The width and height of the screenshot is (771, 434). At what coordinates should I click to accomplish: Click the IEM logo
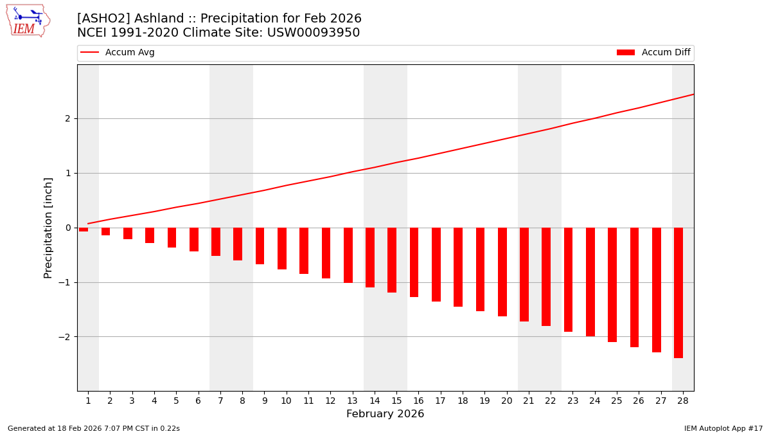click(x=28, y=21)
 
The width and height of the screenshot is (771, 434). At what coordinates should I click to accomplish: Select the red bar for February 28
click(x=678, y=293)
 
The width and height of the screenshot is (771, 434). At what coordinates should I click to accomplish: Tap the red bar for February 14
click(x=370, y=257)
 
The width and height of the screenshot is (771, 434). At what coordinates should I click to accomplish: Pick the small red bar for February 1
click(x=84, y=230)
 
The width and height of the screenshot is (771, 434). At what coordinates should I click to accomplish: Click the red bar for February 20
click(x=502, y=271)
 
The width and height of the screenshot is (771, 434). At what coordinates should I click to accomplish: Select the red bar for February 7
click(x=216, y=242)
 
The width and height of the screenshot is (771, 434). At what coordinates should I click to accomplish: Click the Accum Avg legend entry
click(x=118, y=53)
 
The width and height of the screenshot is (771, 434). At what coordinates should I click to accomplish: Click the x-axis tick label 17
click(x=440, y=401)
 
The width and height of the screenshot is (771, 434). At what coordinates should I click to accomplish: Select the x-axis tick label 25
click(x=617, y=401)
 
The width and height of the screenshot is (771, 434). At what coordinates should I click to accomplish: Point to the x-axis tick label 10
click(x=286, y=401)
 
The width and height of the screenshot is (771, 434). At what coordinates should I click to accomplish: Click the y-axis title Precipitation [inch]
click(x=48, y=228)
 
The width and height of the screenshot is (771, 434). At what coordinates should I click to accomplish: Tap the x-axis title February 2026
click(x=385, y=414)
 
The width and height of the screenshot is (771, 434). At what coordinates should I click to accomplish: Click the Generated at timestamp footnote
click(x=94, y=428)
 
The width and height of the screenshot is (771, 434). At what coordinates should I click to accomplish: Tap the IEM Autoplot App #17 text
click(x=723, y=428)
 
